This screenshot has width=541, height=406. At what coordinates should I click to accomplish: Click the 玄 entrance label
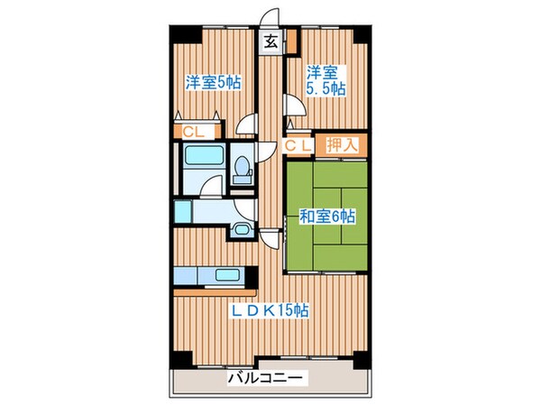click(x=269, y=41)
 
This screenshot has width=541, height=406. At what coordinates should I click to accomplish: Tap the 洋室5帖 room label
click(x=212, y=81)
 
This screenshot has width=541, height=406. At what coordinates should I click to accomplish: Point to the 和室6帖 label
click(x=327, y=217)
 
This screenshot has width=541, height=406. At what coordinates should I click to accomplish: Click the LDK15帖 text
click(x=269, y=310)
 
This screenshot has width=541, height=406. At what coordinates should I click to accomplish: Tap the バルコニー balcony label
click(x=267, y=379)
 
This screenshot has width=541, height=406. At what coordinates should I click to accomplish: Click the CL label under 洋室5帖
click(x=193, y=133)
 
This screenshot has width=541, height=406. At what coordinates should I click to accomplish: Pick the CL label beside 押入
click(x=298, y=143)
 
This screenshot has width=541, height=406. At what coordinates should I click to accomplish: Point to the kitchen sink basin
click(x=226, y=277)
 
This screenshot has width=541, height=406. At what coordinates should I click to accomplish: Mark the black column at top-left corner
click(x=179, y=33)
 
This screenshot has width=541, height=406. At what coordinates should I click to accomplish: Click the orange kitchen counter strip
click(x=216, y=291)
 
